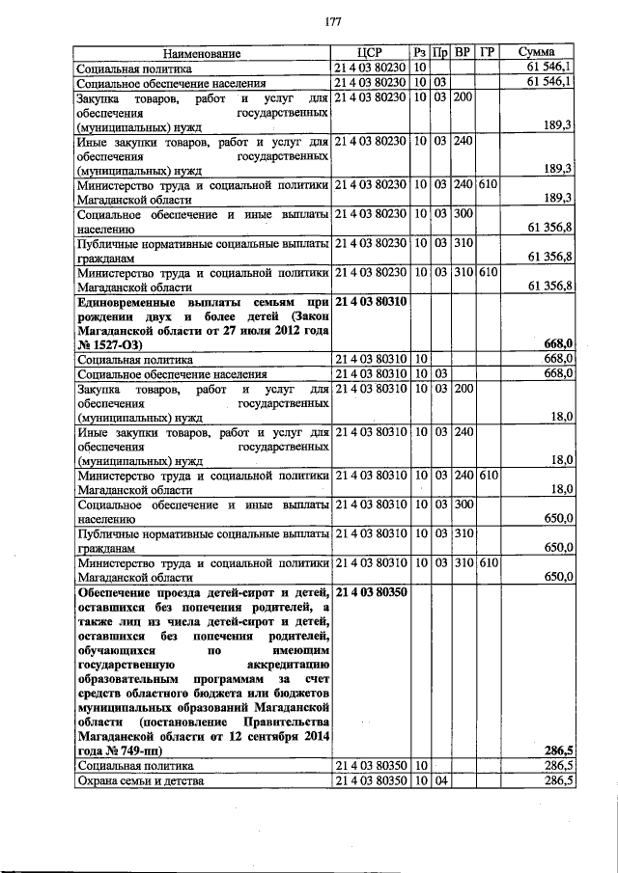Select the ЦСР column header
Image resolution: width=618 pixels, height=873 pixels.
pos(370,53)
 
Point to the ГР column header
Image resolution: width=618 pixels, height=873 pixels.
pos(488,53)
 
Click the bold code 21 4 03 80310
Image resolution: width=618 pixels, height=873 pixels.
pos(370,302)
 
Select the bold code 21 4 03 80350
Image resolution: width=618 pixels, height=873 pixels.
pos(370,591)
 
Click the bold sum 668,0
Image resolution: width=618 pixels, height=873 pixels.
pos(559,344)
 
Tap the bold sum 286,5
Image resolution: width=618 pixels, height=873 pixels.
pos(559,750)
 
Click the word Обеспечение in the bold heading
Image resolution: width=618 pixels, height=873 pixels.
pos(119,591)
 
